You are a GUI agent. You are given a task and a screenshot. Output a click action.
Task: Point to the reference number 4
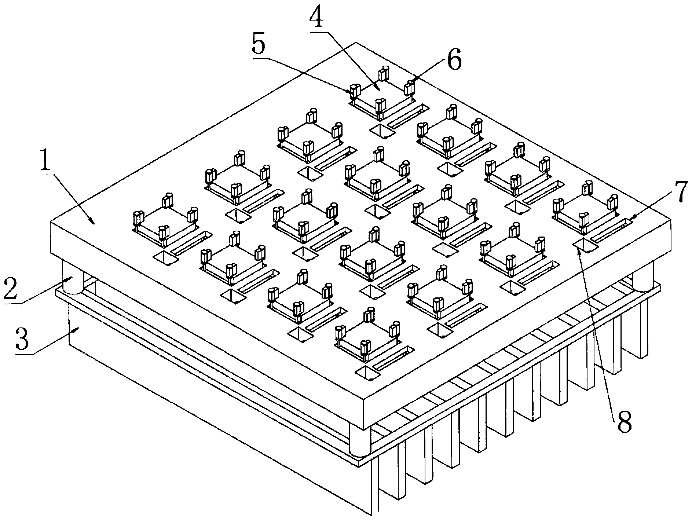[x=316, y=17]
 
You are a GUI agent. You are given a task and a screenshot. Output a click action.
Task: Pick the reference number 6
[x=454, y=61]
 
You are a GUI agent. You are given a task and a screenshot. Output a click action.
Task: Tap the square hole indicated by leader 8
[x=585, y=245]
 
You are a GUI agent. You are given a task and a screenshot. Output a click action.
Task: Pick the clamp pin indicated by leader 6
[x=409, y=87]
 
